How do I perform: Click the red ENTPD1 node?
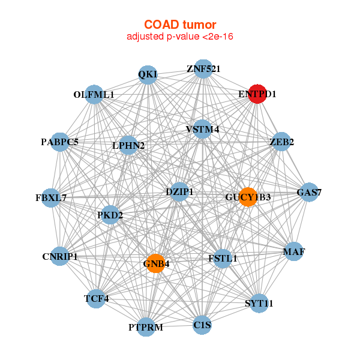click(257, 94)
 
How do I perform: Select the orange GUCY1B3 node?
click(248, 197)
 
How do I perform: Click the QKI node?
click(148, 74)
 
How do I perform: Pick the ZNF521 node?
click(203, 69)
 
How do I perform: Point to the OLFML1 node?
click(94, 95)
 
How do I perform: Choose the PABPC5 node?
click(60, 142)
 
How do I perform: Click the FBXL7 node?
click(51, 197)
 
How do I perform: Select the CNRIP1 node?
click(60, 257)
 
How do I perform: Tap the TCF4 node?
click(96, 298)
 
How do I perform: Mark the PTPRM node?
click(146, 327)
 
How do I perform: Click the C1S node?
click(202, 325)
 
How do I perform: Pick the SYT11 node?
click(259, 304)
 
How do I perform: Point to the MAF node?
click(293, 251)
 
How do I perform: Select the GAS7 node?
click(309, 193)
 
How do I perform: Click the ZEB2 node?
click(281, 142)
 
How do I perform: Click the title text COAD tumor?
click(179, 25)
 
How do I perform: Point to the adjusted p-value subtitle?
click(179, 37)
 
